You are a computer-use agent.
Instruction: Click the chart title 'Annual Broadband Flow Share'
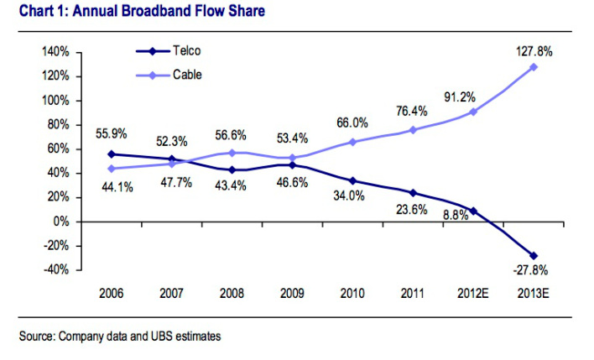(135, 11)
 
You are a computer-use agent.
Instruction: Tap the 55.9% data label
(112, 132)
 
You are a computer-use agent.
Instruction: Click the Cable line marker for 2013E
(534, 67)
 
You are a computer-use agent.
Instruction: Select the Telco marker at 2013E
(534, 255)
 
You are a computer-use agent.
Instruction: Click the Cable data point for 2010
(352, 142)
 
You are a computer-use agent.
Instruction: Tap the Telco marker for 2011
(413, 193)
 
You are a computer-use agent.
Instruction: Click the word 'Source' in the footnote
(37, 337)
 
